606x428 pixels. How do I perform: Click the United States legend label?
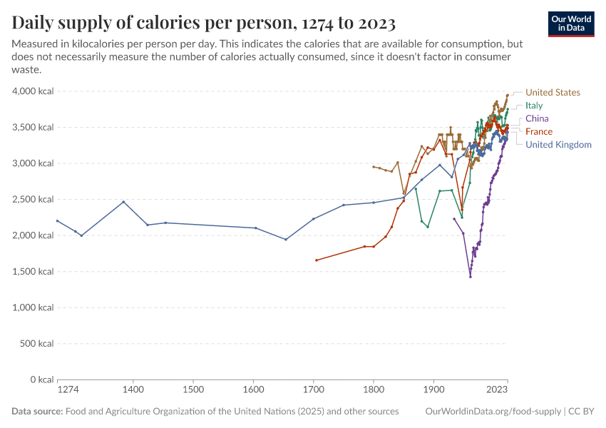click(x=553, y=93)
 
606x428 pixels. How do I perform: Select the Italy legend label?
click(x=534, y=106)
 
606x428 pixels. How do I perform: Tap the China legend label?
click(x=537, y=118)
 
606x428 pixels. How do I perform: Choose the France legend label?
click(x=538, y=131)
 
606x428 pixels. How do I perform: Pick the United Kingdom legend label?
click(x=558, y=145)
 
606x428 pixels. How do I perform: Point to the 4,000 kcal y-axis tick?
click(x=33, y=91)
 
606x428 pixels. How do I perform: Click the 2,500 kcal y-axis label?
click(x=33, y=200)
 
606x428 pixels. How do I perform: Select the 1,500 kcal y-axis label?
click(x=33, y=272)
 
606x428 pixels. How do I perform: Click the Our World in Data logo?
click(x=571, y=24)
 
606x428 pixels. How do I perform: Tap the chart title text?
click(x=204, y=23)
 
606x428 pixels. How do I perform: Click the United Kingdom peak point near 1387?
click(x=123, y=202)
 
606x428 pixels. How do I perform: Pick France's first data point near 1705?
click(x=316, y=260)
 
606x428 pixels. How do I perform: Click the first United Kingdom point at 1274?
click(x=57, y=221)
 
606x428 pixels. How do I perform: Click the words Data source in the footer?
click(x=37, y=412)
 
